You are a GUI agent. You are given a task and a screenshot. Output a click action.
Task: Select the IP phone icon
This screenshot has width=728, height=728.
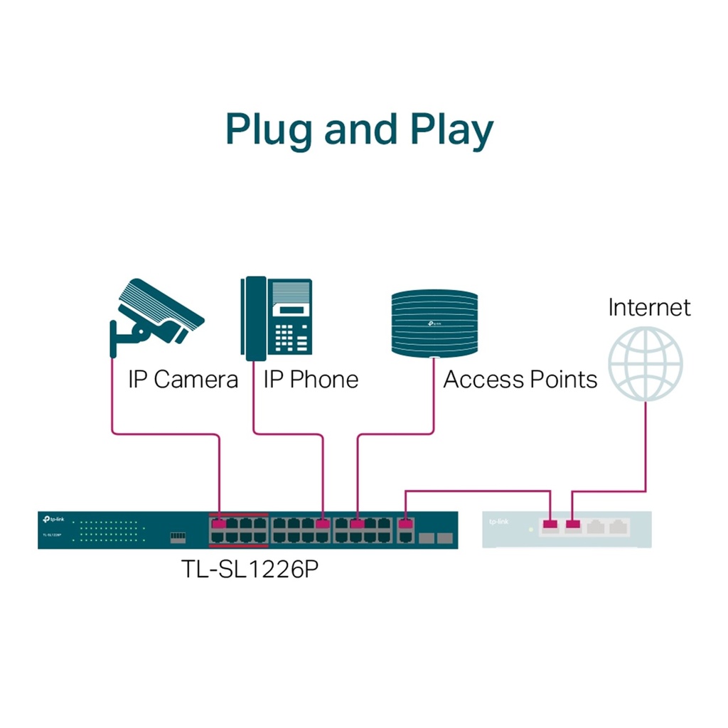[x=276, y=318]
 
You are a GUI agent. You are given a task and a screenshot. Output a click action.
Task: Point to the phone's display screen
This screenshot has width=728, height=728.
[x=291, y=310]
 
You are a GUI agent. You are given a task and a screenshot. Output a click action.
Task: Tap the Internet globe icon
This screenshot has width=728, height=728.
[x=646, y=363]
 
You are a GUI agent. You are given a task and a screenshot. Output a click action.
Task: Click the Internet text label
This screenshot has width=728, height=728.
[x=648, y=307]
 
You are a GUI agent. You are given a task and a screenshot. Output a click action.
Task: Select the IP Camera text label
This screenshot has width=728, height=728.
[x=183, y=379]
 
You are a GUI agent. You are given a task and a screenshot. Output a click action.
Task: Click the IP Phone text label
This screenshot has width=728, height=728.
[x=311, y=379]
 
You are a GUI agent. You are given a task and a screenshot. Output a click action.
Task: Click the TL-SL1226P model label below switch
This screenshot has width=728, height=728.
[x=249, y=569]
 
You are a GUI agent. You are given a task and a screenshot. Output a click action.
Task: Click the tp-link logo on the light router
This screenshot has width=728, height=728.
[x=498, y=522]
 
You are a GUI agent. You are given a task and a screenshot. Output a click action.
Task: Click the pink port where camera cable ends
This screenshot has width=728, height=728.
[x=218, y=524]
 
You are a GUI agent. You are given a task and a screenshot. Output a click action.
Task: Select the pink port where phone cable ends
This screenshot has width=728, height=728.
[x=323, y=524]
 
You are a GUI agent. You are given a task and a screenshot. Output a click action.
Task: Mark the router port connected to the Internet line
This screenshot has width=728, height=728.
[x=573, y=526]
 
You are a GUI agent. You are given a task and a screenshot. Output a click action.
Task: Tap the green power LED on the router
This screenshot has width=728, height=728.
[x=530, y=530]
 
